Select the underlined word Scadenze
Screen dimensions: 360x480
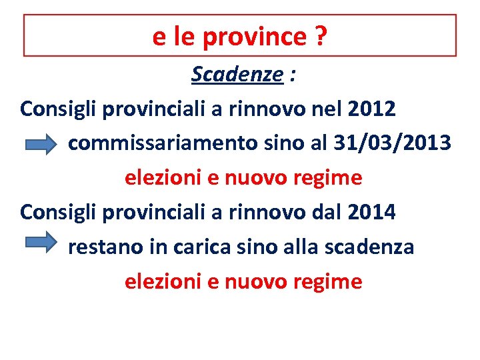pos(237,75)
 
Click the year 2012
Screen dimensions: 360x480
pos(371,108)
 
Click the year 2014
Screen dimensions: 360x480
pos(371,213)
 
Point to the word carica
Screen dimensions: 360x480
pos(197,247)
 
